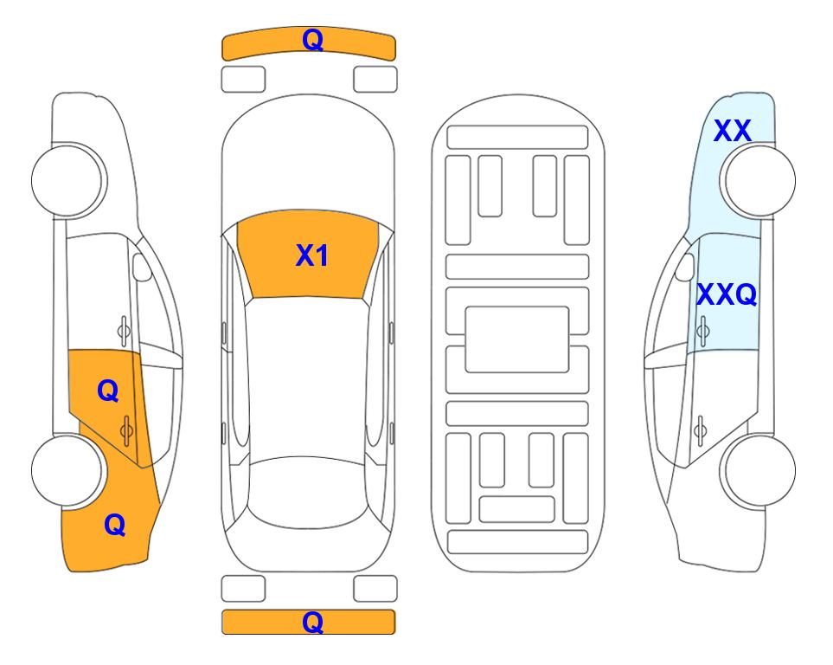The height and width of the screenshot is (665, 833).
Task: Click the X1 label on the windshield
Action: pos(312,255)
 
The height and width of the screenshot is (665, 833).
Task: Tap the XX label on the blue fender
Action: pos(732,131)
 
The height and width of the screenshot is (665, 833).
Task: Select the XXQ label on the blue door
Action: pos(727,294)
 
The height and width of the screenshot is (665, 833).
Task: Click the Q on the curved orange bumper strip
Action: pos(312,40)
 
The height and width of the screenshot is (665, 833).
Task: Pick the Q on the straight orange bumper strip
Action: pos(312,622)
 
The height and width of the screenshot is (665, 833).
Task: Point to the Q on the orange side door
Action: pos(108,391)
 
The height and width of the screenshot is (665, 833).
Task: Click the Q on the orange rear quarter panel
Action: pos(115,525)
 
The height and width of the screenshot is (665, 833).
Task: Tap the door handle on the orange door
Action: pos(126,430)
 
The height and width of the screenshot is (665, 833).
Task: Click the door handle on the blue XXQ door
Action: pos(702,331)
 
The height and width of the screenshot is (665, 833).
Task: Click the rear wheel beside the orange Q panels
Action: pos(67,471)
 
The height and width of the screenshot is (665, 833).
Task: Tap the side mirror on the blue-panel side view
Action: pos(685,268)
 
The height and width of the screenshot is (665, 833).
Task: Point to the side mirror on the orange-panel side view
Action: pos(142,267)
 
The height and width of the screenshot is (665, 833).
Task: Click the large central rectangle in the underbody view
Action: pos(517,339)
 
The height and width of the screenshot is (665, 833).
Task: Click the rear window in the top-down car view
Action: pos(308,492)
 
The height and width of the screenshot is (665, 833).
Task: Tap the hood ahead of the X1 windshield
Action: pos(308,159)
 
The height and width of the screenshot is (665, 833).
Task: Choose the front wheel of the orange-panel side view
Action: pos(67,181)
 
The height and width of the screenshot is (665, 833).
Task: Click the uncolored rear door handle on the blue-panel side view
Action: pos(700,431)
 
